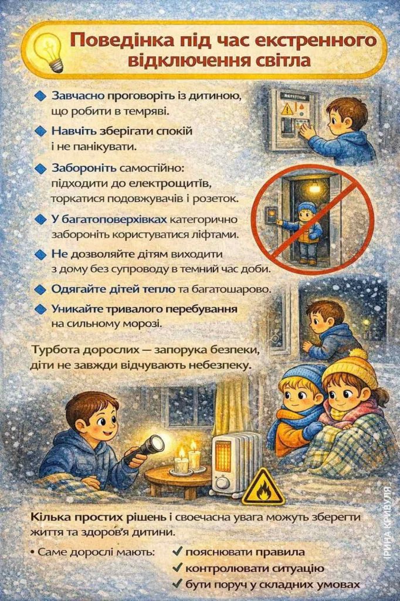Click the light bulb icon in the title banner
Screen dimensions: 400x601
[x=49, y=51]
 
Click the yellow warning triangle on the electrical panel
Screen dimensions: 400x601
[x=287, y=109]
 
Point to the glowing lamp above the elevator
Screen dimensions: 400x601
[x=314, y=187]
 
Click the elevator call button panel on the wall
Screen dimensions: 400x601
[x=272, y=215]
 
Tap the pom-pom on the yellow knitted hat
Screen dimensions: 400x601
[x=358, y=354]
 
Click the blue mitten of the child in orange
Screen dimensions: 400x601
[x=312, y=430]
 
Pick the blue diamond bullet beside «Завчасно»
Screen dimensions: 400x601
[x=40, y=96]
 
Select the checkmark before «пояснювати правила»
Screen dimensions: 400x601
[x=177, y=552]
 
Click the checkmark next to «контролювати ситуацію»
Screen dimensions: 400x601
[x=177, y=568]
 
